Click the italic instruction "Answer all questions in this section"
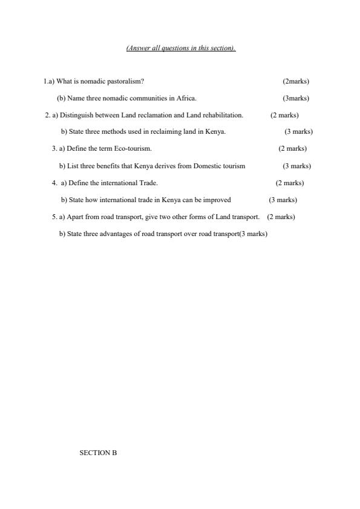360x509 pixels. pos(180,48)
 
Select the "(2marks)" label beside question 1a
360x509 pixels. pos(296,81)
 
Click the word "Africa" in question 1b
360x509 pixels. pos(186,98)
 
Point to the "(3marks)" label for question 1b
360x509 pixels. pos(296,98)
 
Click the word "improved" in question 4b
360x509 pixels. pos(217,200)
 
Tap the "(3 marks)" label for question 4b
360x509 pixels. pos(283,200)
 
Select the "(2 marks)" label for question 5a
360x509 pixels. pos(281,217)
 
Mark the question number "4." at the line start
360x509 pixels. pos(54,183)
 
